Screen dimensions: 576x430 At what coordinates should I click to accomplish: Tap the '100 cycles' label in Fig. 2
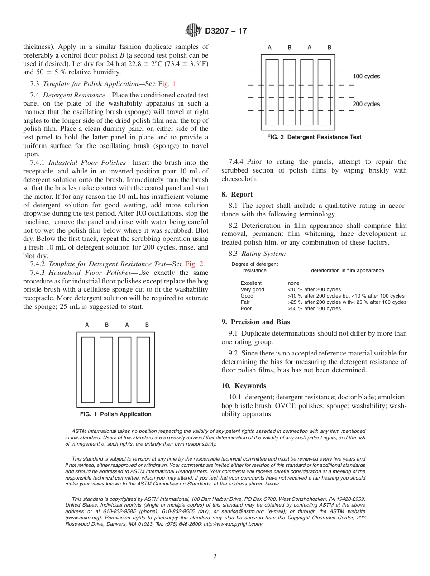point(366,76)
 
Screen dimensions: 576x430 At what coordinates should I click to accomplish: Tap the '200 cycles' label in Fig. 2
point(366,104)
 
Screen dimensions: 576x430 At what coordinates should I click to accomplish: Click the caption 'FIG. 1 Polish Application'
point(115,414)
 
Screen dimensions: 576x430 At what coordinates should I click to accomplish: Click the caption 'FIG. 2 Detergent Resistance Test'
point(314,137)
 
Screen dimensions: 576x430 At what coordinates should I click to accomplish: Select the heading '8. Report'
point(237,194)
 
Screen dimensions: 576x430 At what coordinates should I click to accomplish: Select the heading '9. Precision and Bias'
point(256,322)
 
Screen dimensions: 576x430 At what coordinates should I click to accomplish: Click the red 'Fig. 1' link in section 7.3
point(167,83)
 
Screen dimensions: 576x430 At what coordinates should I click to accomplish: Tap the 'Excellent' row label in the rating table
point(251,283)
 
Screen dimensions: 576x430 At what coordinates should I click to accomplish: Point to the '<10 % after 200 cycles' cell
point(314,289)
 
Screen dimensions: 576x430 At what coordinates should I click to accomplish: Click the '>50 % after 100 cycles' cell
point(314,308)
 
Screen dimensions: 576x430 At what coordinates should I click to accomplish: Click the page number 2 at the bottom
point(215,557)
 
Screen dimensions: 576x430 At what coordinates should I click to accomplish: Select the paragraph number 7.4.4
point(238,162)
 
